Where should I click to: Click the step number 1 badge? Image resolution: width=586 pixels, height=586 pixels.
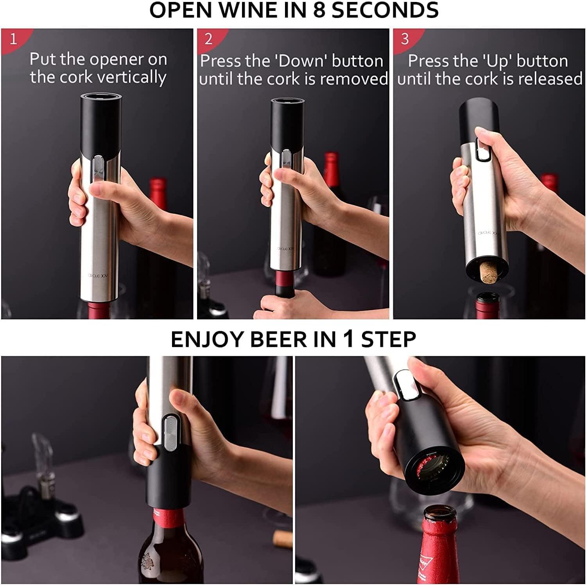click(x=13, y=39)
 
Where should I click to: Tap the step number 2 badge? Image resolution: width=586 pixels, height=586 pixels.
click(x=208, y=39)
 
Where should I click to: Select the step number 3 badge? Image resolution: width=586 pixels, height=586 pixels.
click(x=405, y=39)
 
